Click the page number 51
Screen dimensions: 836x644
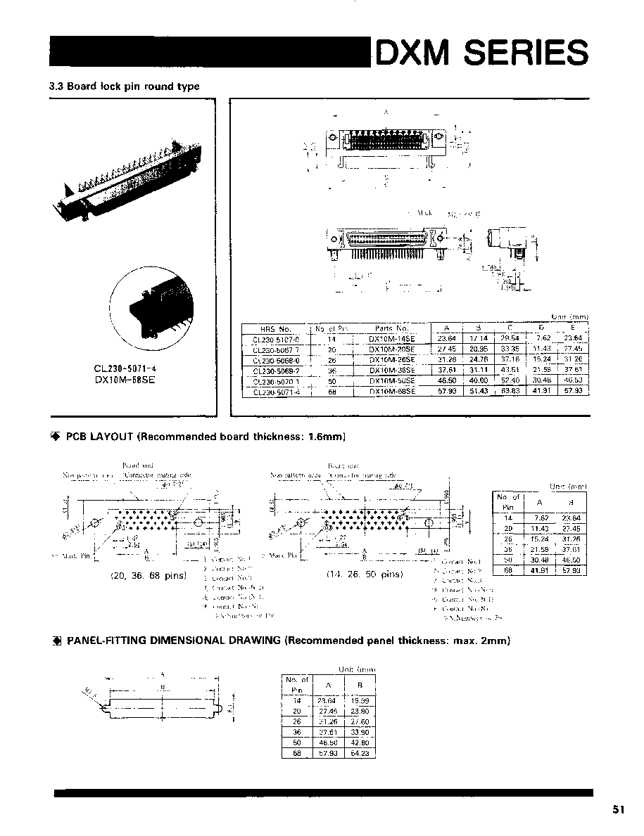[x=619, y=809]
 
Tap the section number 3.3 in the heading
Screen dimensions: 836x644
[x=56, y=86]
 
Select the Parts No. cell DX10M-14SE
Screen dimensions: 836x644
[x=392, y=337]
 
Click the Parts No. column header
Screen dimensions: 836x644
[x=392, y=328]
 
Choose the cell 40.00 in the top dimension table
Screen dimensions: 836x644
[x=479, y=380]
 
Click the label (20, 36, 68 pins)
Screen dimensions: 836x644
[x=149, y=575]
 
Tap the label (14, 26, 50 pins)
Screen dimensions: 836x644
[x=365, y=574]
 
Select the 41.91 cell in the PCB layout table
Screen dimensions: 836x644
[x=539, y=570]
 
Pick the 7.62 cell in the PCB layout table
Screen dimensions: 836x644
[x=539, y=517]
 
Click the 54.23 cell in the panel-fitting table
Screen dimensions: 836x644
[x=360, y=753]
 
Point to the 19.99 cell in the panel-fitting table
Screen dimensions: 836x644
[x=360, y=700]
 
